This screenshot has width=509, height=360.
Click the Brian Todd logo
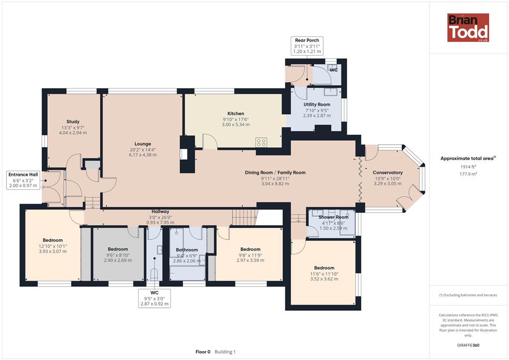tap(468, 27)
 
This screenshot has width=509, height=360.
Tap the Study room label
tap(73, 122)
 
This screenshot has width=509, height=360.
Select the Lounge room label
tap(143, 144)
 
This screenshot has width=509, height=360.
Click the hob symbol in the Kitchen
tap(261, 142)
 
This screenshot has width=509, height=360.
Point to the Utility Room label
tap(317, 104)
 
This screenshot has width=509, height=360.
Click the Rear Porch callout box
tap(307, 46)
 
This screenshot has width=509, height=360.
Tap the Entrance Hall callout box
tap(23, 180)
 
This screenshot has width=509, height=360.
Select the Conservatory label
tap(388, 173)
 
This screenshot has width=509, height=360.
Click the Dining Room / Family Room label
tap(275, 173)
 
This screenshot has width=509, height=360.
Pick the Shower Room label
tap(334, 217)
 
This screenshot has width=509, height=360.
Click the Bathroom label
tap(187, 250)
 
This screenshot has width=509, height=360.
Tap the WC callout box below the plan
tap(155, 298)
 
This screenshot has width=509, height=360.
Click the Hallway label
tap(161, 212)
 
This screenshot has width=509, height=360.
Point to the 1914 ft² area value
tap(468, 167)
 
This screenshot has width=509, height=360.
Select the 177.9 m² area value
tap(468, 174)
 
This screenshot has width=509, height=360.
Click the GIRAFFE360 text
tap(468, 345)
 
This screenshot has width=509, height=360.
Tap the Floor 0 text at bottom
tap(203, 352)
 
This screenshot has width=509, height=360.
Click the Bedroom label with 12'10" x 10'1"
tap(53, 240)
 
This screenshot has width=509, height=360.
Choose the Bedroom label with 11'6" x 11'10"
tap(324, 268)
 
